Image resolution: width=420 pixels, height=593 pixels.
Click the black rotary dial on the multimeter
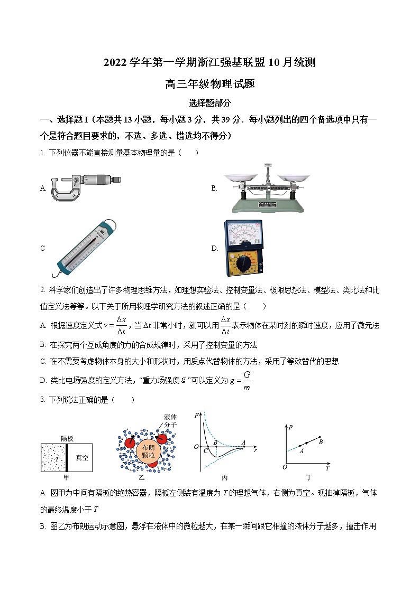pos(243,262)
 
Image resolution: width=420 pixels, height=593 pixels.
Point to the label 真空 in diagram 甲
pos(82,458)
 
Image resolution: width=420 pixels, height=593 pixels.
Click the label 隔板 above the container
pos(67,438)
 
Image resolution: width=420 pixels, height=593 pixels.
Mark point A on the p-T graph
pos(301,451)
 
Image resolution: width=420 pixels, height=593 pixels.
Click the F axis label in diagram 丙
pos(197,416)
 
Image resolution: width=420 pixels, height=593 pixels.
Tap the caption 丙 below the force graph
pos(225,478)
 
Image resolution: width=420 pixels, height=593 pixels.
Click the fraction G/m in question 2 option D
pos(246,380)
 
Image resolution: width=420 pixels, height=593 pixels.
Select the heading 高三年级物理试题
pos(210,83)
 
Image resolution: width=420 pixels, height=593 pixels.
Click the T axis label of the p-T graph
pos(328,468)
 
